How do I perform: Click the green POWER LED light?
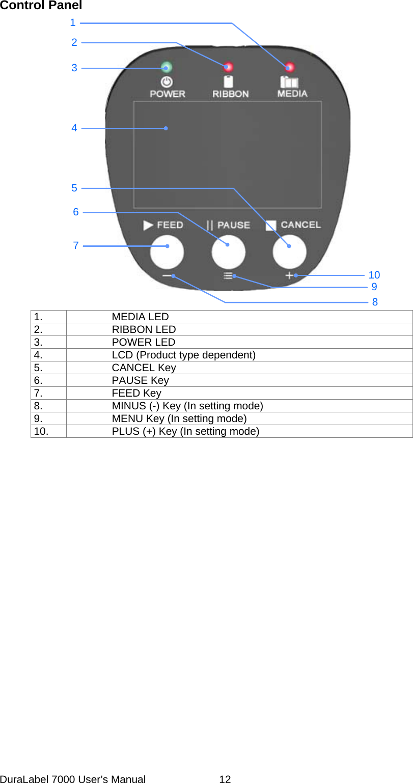[167, 67]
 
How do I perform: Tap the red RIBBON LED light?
[228, 67]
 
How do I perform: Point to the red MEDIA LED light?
[290, 67]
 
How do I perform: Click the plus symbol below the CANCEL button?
[289, 275]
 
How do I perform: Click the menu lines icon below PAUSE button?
[228, 276]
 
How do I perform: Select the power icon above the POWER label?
[167, 81]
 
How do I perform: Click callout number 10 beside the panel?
[374, 275]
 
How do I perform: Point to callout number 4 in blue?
[74, 128]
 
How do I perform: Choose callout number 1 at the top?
[73, 22]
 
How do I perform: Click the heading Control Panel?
[41, 6]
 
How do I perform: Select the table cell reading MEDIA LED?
[140, 317]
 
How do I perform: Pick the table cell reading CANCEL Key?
[144, 368]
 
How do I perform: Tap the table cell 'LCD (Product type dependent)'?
[183, 355]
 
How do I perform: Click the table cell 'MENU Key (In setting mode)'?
[179, 418]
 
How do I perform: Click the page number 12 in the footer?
[225, 779]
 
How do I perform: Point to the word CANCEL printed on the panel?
[300, 225]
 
